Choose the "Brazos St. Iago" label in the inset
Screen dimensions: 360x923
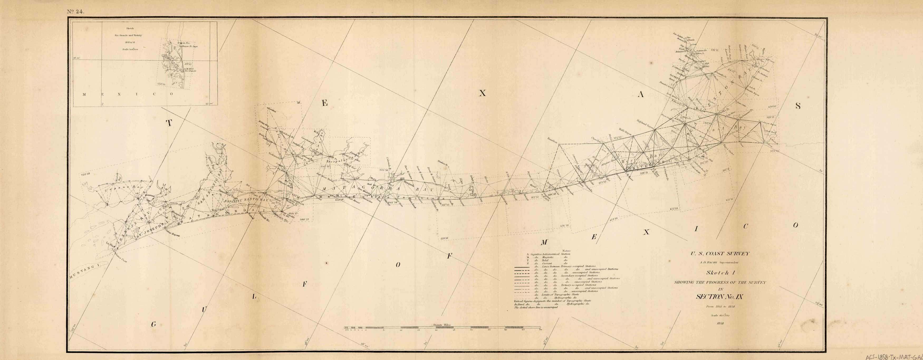pyautogui.click(x=190, y=47)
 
